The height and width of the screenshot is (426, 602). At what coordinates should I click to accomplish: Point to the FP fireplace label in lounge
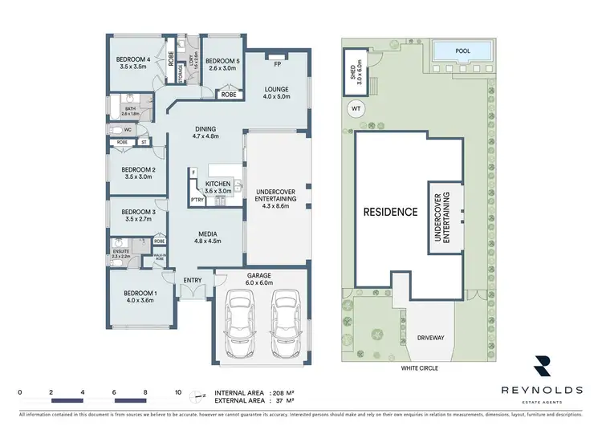276,63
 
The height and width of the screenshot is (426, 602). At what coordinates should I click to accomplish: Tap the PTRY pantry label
195,201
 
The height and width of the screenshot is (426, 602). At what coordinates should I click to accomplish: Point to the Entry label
192,279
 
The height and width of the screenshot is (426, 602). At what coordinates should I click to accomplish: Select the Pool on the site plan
462,51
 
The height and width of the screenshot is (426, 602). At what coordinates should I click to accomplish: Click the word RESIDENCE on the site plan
390,213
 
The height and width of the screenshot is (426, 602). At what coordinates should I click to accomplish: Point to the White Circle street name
420,369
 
